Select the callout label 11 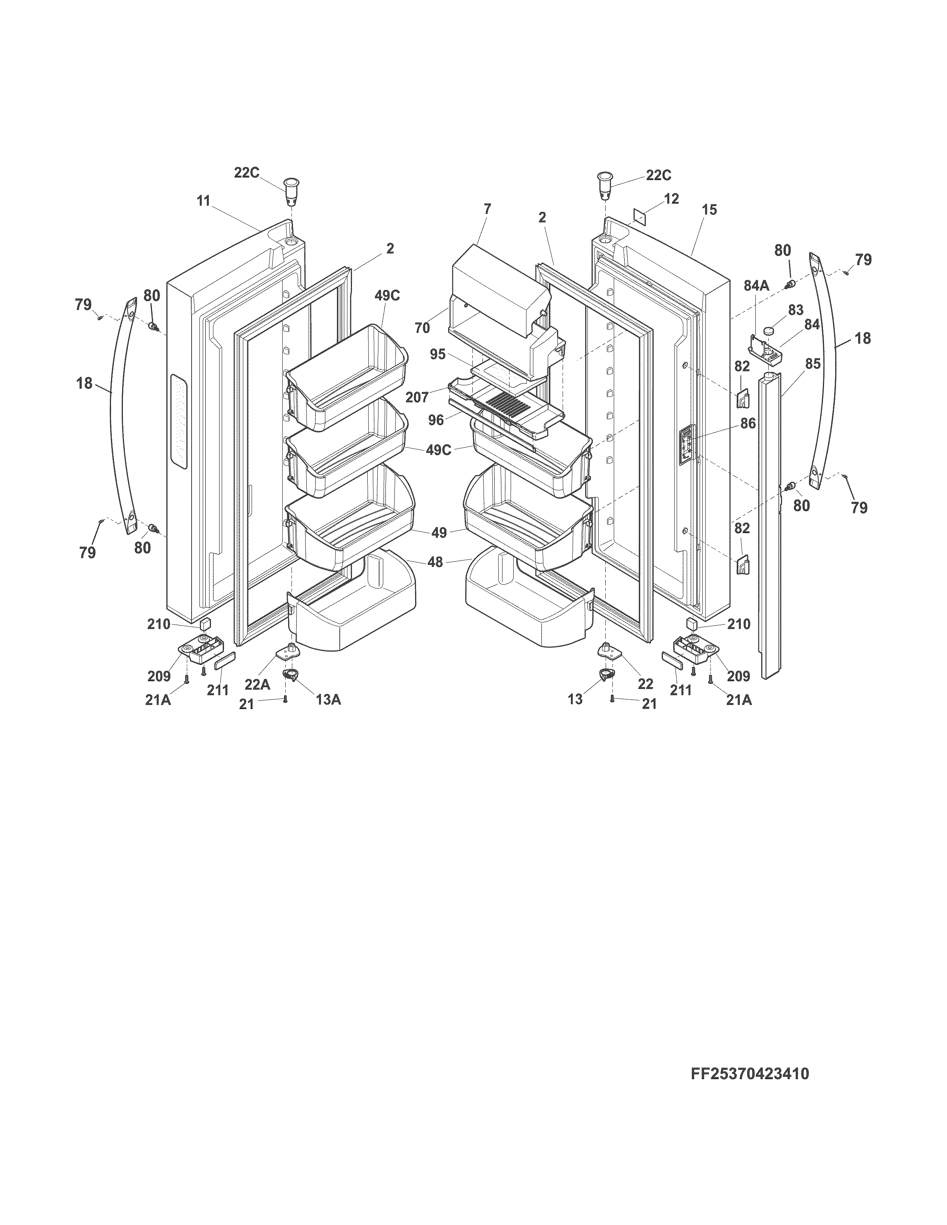[x=203, y=201]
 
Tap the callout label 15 [x=709, y=210]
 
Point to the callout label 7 [x=487, y=209]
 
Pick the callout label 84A [x=756, y=285]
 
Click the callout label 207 [x=417, y=397]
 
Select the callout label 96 [x=436, y=419]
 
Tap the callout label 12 [x=671, y=199]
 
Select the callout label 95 [x=437, y=355]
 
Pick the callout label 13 [x=575, y=699]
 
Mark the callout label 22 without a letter [x=645, y=684]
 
